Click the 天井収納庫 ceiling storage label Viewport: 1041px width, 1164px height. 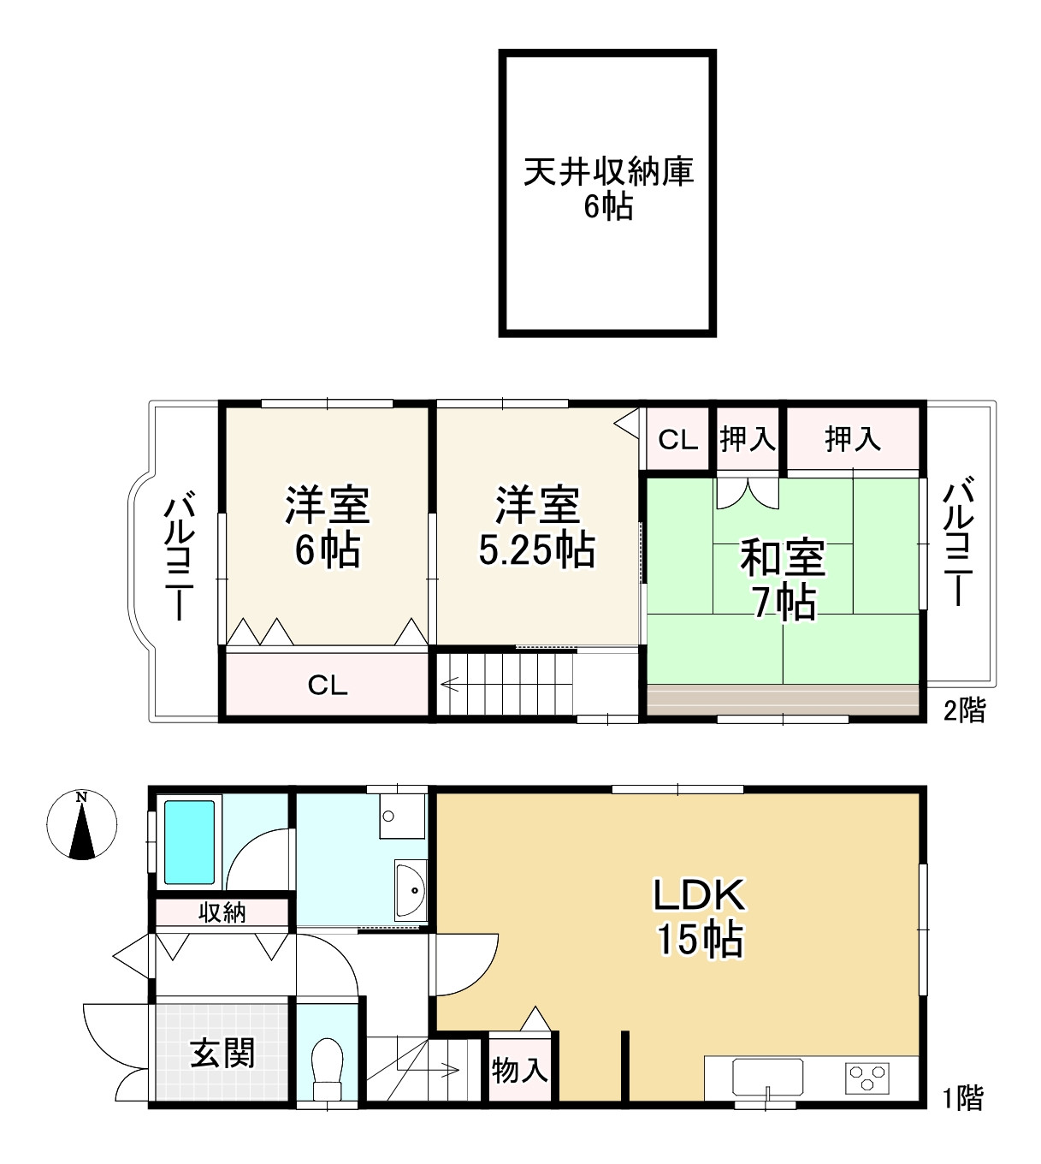coord(609,171)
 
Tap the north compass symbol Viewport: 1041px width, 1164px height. coord(81,824)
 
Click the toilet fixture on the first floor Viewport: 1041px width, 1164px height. coord(327,1069)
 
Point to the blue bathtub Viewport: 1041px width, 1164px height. coord(190,842)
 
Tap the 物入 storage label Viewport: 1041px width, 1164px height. coord(519,1070)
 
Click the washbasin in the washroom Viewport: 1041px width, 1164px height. coord(410,890)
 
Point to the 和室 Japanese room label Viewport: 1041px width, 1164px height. coord(784,557)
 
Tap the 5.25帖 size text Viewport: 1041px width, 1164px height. coord(537,550)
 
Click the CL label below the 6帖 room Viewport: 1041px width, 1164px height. coord(328,686)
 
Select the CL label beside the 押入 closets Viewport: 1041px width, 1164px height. coord(678,440)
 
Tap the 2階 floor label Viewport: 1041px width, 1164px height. coord(965,710)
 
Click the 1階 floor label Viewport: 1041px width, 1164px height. coord(963,1098)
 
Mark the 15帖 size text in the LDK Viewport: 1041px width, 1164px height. coord(700,940)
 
